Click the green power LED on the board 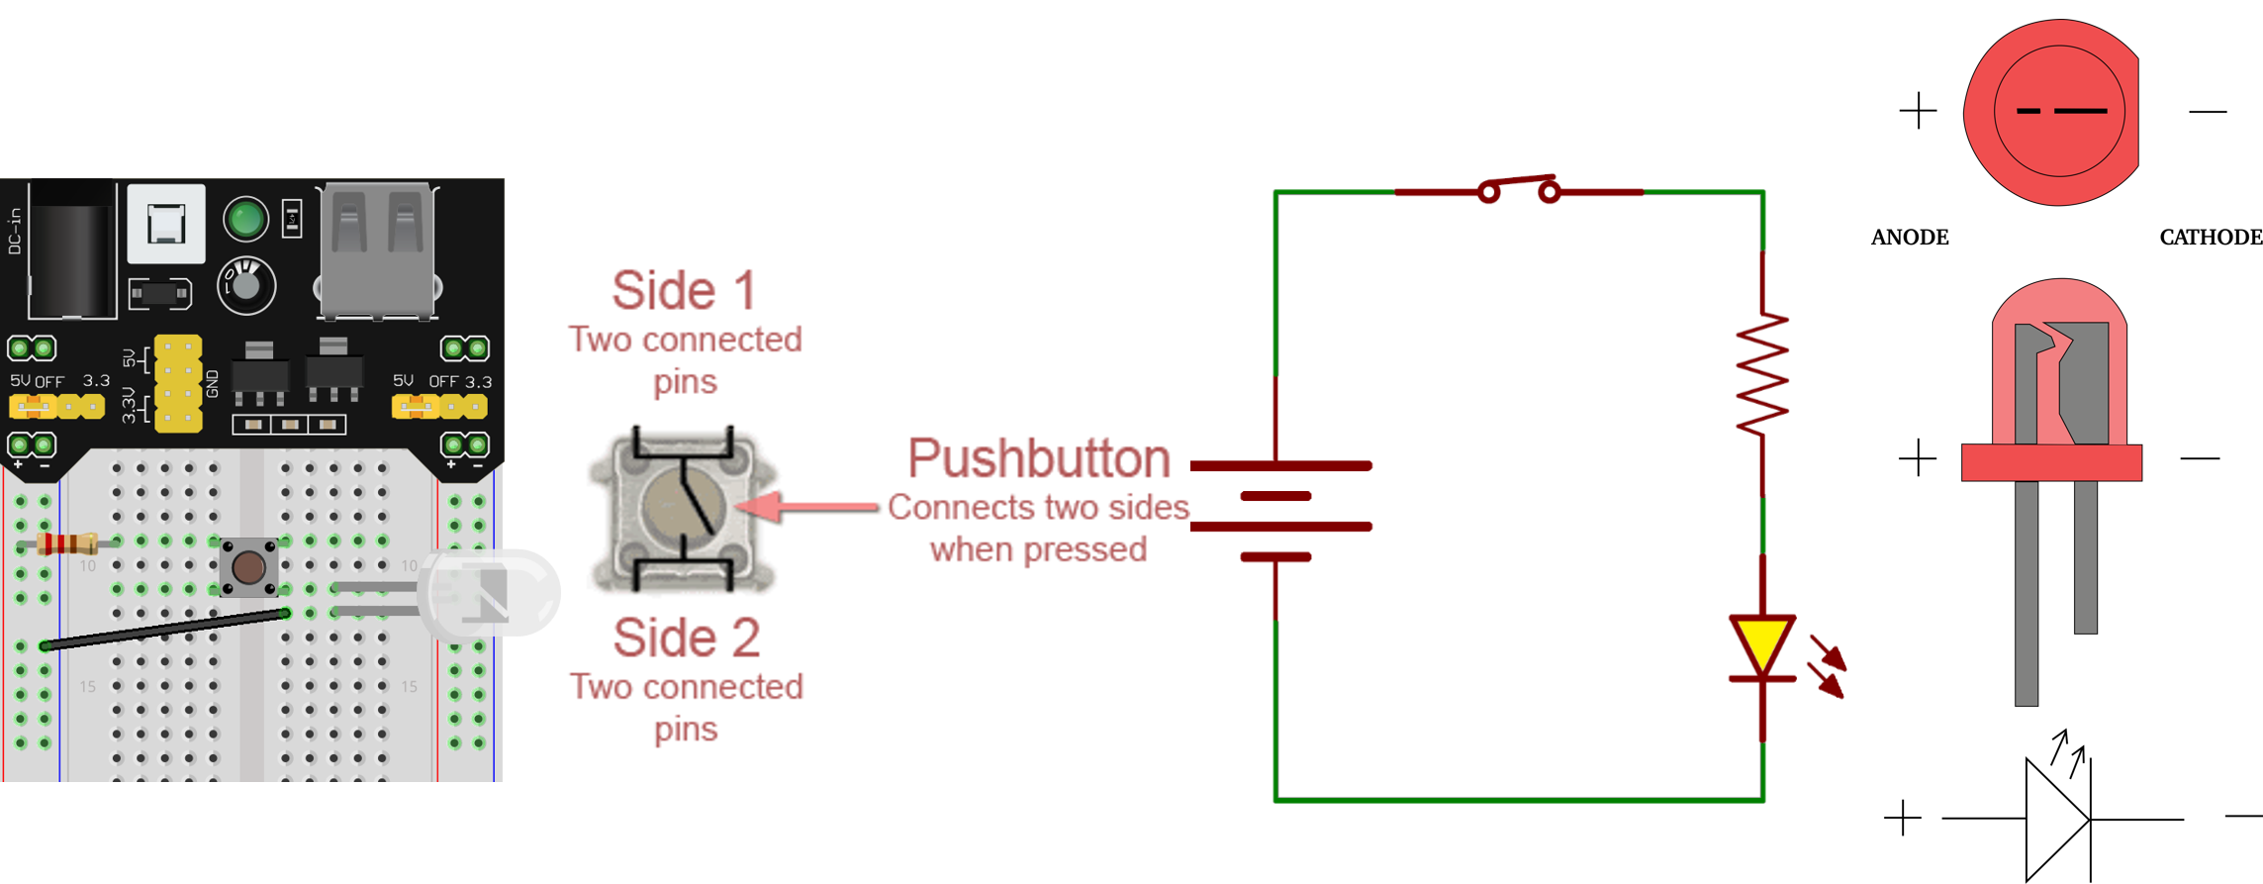245,219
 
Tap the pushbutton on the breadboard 247,567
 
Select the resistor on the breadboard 66,542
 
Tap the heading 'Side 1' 684,290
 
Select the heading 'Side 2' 686,638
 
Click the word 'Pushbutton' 1038,458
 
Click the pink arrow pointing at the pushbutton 806,507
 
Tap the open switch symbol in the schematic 1519,188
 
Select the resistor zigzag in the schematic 1762,374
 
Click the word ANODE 1910,238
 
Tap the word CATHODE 2210,238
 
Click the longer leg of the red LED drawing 2026,594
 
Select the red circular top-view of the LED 2053,112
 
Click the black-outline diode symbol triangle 2055,819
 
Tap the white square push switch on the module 166,223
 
